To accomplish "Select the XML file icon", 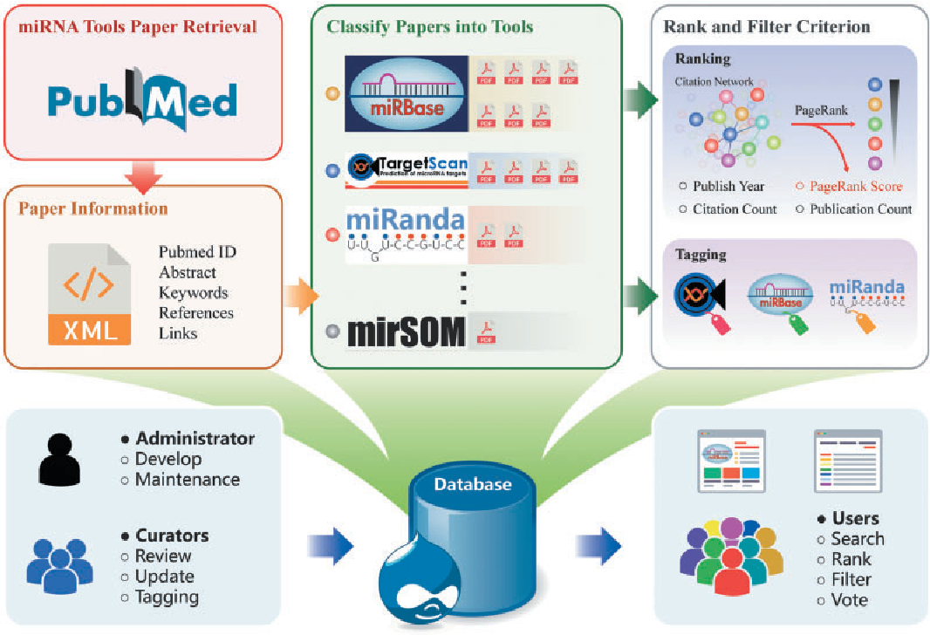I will (89, 294).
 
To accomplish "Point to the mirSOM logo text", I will (406, 332).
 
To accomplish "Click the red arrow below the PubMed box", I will (142, 178).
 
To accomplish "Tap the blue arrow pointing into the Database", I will (331, 546).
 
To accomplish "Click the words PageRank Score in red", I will (856, 187).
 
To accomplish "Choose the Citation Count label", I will (735, 209).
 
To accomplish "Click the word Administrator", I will (195, 439).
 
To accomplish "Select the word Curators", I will (172, 536).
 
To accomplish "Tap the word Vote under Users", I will (849, 600).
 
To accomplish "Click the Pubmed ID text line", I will (197, 252).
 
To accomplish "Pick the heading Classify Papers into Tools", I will (430, 27).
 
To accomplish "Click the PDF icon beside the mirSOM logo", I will (486, 332).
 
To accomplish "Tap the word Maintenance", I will (187, 479).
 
